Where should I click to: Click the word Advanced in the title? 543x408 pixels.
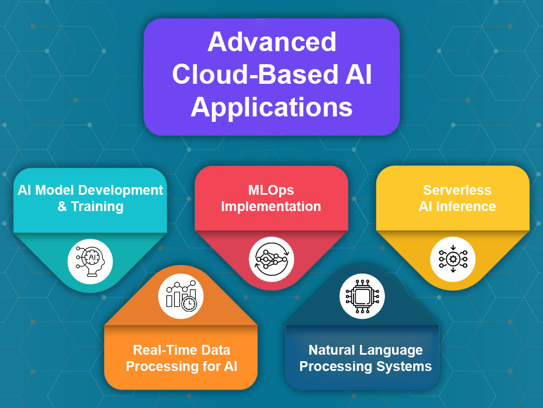272,42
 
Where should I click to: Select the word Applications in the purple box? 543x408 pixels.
272,107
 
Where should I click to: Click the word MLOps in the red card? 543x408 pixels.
271,190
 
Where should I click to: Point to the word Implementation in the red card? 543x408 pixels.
271,206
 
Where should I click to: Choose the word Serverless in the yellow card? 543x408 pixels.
457,190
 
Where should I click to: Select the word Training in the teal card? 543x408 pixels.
97,206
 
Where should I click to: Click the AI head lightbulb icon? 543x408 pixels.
90,261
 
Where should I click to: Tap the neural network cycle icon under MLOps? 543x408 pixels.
271,259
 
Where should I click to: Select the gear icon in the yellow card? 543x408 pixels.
453,259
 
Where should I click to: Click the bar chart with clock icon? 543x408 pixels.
181,296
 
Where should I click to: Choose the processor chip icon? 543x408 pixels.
362,296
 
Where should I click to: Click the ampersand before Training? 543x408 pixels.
62,206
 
